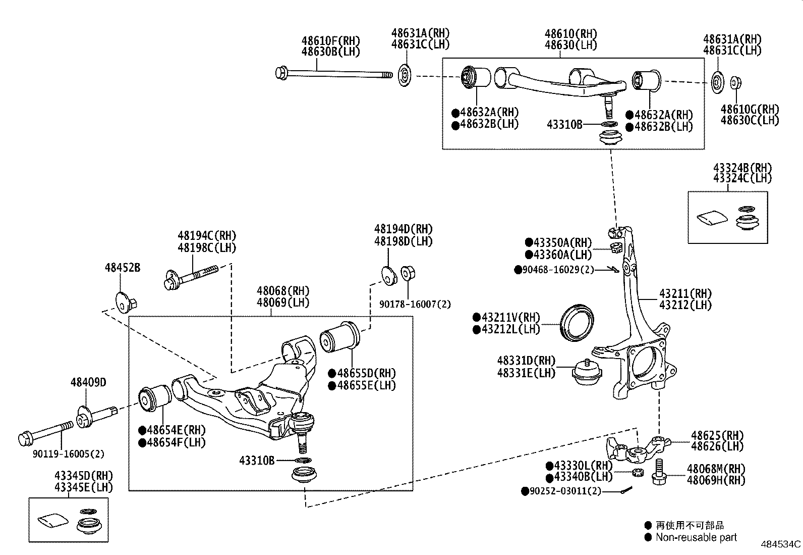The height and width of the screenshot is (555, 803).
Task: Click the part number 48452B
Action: pos(122,268)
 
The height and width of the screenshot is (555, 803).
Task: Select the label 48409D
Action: pos(88,382)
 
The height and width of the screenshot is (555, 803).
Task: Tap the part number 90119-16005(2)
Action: pos(69,453)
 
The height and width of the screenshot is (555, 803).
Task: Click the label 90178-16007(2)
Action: pos(415,304)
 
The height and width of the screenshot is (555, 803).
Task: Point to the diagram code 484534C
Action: pos(780,544)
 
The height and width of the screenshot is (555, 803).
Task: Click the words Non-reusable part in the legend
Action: pos(696,537)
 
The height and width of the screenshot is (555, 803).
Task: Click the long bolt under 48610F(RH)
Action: pos(333,74)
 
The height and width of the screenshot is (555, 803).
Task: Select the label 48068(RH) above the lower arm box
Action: pos(282,291)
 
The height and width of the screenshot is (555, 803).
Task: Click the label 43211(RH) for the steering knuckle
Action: pos(685,293)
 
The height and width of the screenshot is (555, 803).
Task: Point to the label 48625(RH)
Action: pos(717,435)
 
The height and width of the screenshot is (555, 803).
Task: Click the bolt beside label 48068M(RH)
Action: pos(659,472)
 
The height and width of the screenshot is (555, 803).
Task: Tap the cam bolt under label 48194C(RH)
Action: pos(191,277)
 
